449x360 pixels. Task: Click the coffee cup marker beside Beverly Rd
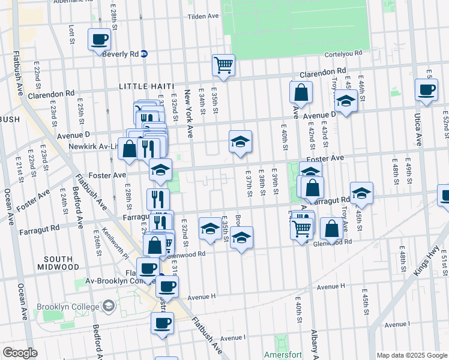tap(99, 40)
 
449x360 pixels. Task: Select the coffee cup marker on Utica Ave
tap(427, 90)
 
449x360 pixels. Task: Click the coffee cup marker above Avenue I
tap(161, 324)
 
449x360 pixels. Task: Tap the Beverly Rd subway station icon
tap(145, 53)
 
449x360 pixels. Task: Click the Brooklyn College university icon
tap(108, 307)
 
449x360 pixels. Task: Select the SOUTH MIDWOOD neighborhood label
tap(58, 262)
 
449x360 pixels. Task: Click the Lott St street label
tap(71, 34)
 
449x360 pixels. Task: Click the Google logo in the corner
tap(20, 353)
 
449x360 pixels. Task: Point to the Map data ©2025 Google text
tap(411, 355)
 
